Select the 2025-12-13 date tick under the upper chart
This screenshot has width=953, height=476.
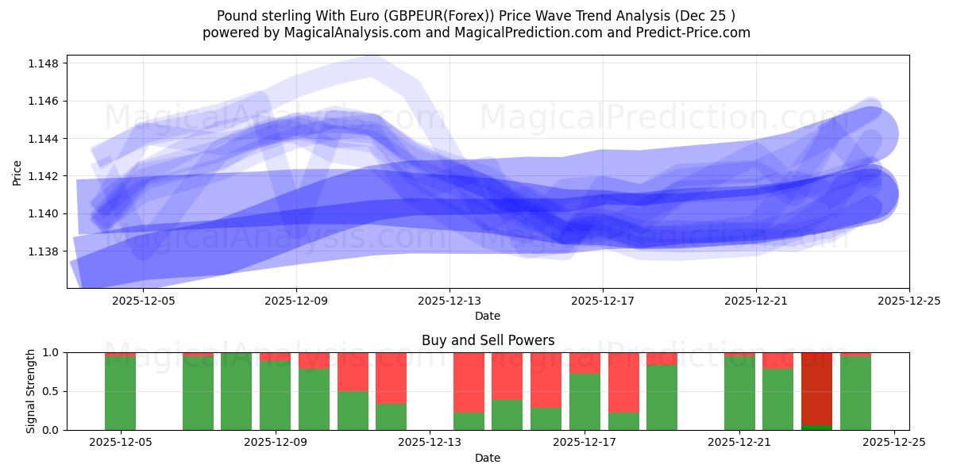pos(449,301)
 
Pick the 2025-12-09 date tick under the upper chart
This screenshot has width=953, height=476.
pos(296,301)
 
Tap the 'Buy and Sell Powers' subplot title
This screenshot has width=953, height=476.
pos(488,340)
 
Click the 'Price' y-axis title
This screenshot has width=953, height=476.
pos(17,172)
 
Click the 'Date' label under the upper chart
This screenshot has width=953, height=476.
pos(488,316)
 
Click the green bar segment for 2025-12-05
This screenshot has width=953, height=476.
pos(121,393)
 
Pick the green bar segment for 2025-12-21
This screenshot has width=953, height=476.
pos(739,393)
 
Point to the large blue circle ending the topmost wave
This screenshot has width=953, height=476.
pos(870,135)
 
